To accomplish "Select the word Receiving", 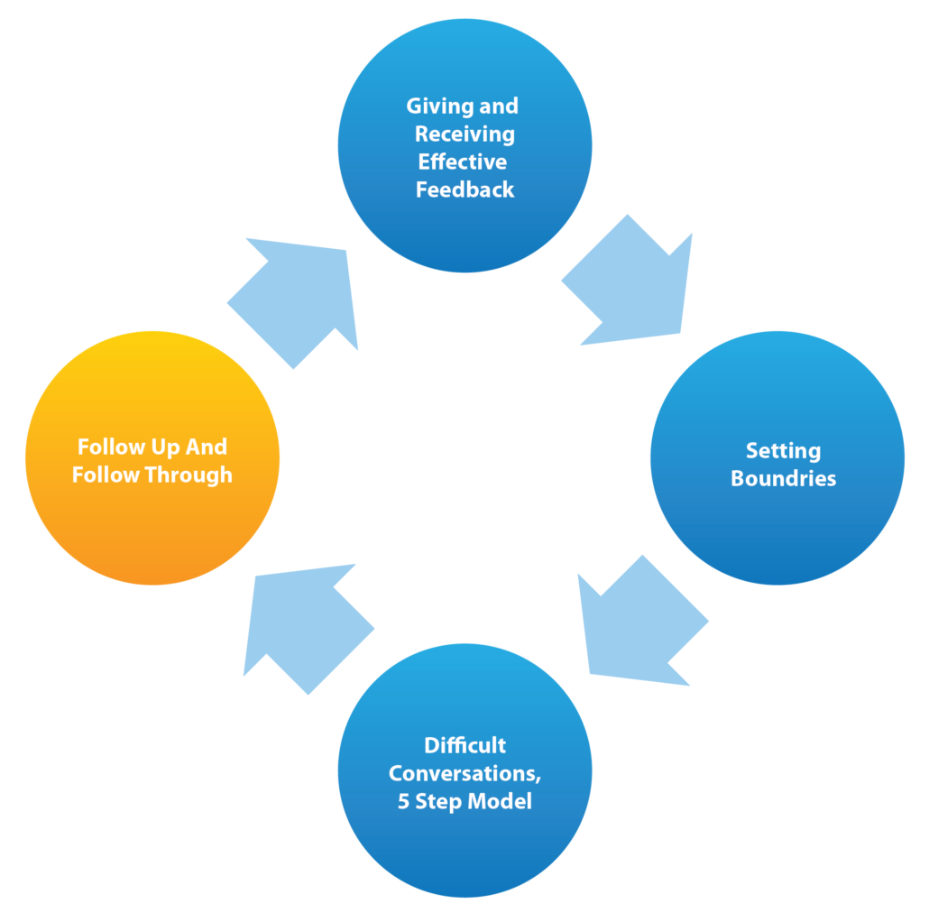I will coord(464,134).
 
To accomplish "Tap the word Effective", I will coord(463,162).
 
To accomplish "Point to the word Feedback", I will coord(464,190).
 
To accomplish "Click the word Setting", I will coord(783,450).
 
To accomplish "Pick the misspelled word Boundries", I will coord(783,478).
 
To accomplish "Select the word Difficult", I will coord(464,745).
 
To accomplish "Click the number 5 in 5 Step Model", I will coord(404,801).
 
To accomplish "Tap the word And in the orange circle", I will coord(207,447).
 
